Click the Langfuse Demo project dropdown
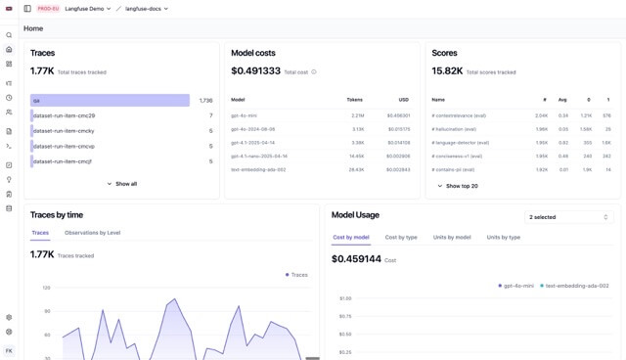point(88,9)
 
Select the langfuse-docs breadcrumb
point(147,9)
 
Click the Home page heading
point(33,29)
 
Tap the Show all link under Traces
point(122,184)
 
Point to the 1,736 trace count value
point(205,101)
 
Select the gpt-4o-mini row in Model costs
point(245,115)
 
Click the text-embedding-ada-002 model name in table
point(258,169)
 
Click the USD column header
point(403,100)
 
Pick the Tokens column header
point(354,100)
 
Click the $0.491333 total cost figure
point(255,71)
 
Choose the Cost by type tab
point(401,237)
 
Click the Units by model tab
point(452,237)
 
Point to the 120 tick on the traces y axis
point(46,288)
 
